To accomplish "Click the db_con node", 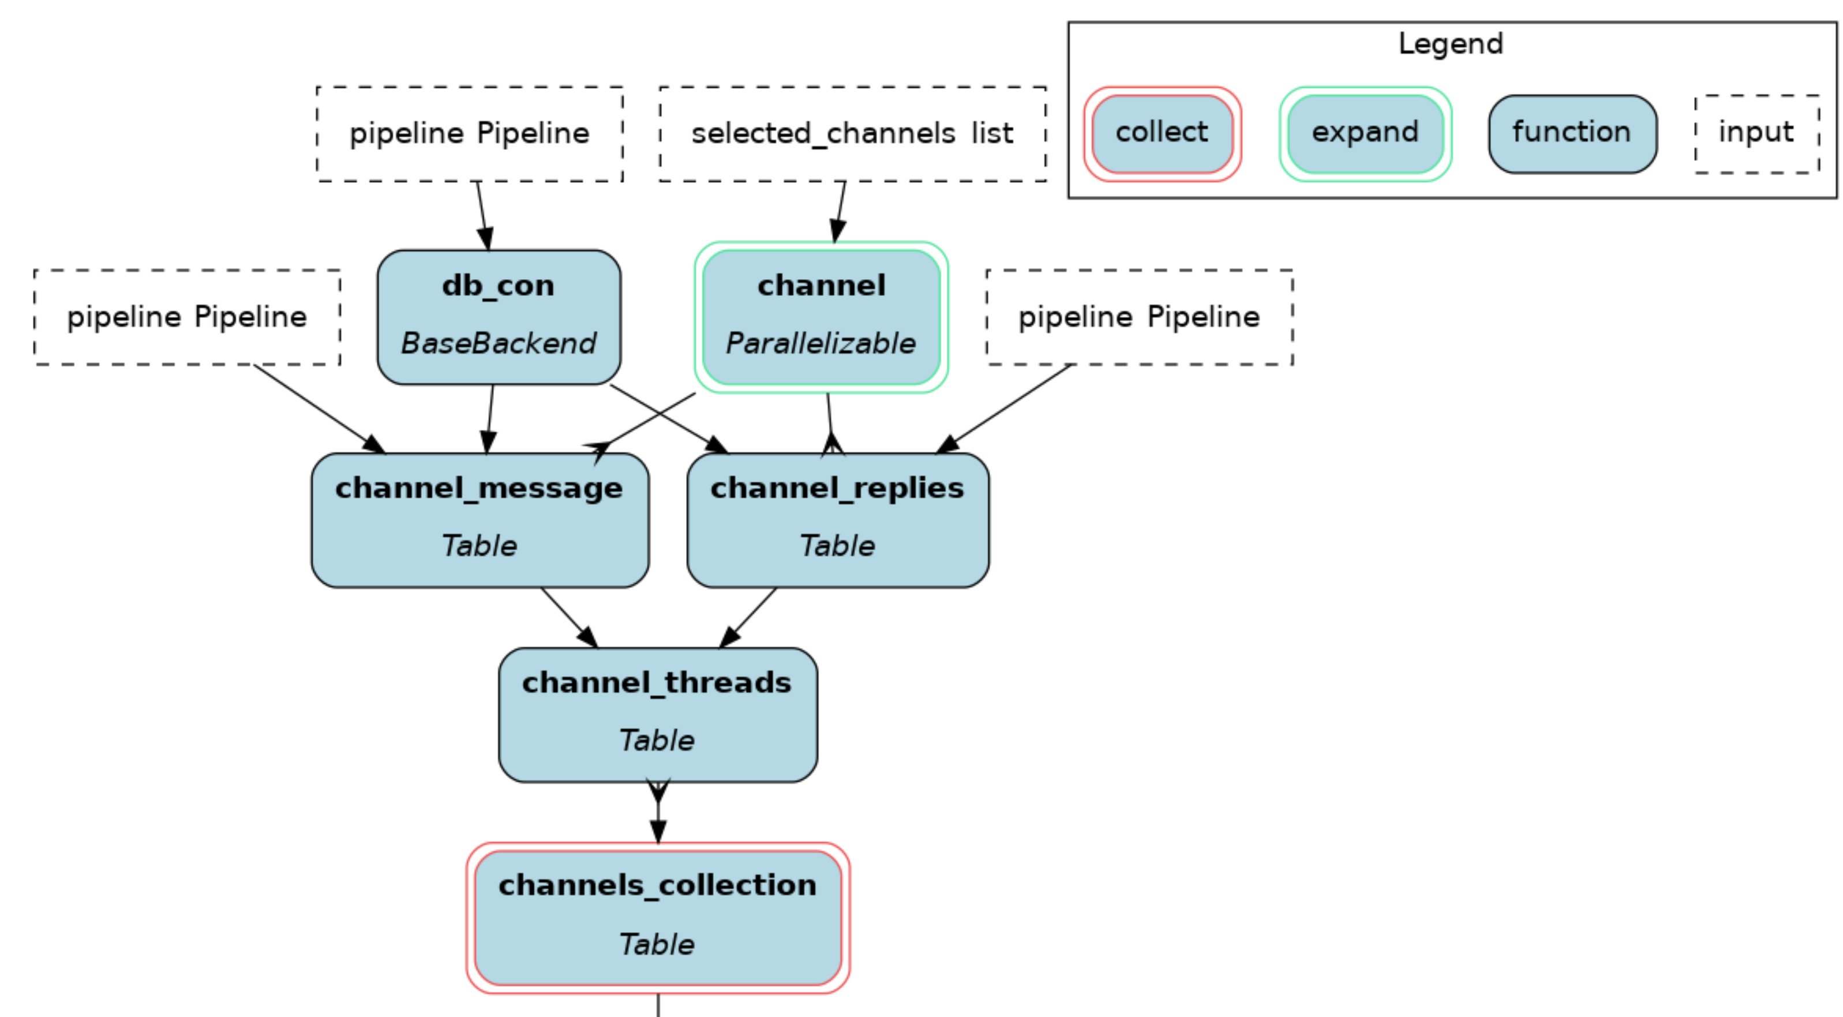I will pos(499,317).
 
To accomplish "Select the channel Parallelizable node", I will pos(821,317).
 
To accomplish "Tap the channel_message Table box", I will pos(480,520).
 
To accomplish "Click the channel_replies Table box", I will pos(838,520).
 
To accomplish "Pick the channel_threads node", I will pos(657,715).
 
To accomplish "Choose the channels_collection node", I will pos(657,918).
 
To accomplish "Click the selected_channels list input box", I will pos(852,134).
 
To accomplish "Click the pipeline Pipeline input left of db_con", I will pos(187,317).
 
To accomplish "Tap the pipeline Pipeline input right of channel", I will pos(1139,317).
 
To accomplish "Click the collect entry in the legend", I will pos(1162,134).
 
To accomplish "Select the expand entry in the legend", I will pos(1365,134).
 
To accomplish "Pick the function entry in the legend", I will pos(1572,134).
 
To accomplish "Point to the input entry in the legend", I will pos(1756,134).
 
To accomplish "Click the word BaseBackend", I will pos(499,343).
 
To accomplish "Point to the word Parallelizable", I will pos(821,343).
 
